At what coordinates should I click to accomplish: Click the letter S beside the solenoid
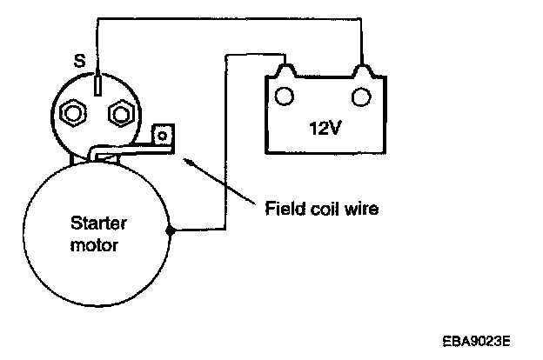tap(80, 61)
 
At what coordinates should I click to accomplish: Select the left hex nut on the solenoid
tap(73, 113)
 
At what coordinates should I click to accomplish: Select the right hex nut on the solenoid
tap(121, 113)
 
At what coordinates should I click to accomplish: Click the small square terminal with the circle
tap(163, 136)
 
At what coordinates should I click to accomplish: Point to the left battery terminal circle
tap(285, 96)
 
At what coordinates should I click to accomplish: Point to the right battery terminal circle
tap(361, 96)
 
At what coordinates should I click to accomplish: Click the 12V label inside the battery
tap(325, 128)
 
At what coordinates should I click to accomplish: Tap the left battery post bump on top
tap(285, 70)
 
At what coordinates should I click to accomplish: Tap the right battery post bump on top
tap(362, 70)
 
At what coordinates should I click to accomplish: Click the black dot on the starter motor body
tap(170, 230)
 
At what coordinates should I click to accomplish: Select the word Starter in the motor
tap(98, 223)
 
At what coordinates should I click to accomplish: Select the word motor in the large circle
tap(94, 245)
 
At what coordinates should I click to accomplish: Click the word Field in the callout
tap(284, 208)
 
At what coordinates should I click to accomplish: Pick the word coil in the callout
tap(325, 208)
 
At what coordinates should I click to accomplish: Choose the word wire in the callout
tap(363, 209)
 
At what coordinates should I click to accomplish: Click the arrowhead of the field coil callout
tap(187, 162)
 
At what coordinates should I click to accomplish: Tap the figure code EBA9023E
tap(476, 341)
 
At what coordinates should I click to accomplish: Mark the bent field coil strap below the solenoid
tap(131, 150)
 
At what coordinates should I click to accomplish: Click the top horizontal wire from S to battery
tap(229, 18)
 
